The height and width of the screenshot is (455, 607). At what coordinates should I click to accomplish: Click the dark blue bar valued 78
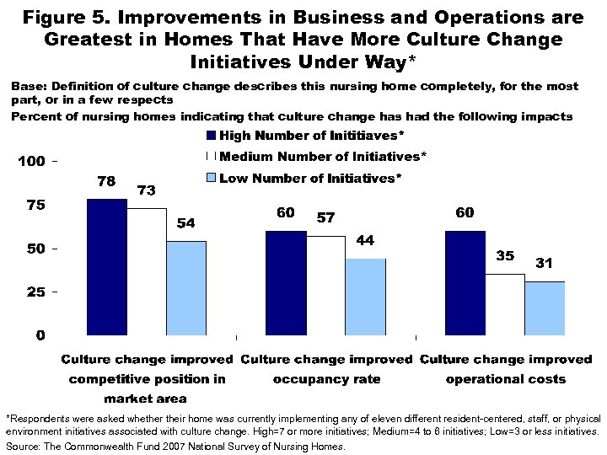(107, 267)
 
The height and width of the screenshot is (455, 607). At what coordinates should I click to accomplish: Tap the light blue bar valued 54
(185, 288)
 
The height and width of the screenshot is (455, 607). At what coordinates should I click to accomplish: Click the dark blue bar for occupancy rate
(286, 282)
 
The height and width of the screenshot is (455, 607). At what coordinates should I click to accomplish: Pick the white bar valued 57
(325, 286)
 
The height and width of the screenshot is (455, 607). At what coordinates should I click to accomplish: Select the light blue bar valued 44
(364, 297)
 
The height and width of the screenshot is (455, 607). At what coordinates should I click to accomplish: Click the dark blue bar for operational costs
(465, 282)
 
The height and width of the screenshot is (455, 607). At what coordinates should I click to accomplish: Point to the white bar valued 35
(504, 304)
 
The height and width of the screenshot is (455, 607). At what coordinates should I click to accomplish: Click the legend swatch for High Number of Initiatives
(212, 136)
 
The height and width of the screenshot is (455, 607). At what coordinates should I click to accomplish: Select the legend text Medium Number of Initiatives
(323, 157)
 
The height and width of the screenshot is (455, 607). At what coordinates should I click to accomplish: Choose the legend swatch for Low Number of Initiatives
(212, 178)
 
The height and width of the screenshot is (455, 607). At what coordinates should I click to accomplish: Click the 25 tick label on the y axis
(36, 292)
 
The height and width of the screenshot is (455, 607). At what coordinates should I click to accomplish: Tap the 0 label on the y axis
(40, 335)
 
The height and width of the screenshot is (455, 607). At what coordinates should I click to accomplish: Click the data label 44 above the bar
(364, 241)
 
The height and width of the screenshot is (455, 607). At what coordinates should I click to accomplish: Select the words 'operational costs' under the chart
(505, 379)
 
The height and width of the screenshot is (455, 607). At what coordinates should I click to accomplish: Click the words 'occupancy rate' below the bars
(326, 379)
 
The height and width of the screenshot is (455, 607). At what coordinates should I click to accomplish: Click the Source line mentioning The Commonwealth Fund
(175, 447)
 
